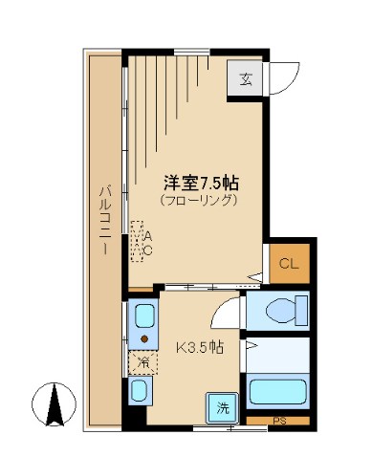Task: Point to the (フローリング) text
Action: [198, 201]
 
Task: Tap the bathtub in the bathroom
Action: [277, 391]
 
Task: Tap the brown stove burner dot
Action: [144, 338]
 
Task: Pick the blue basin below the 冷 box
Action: [140, 389]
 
